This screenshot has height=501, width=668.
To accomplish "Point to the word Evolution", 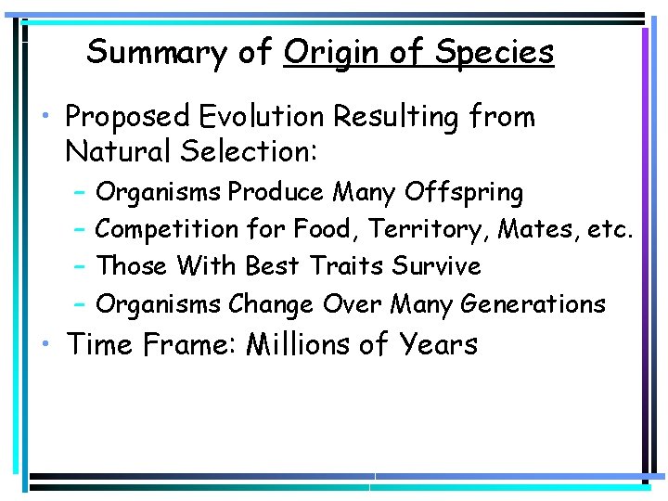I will coord(265,117).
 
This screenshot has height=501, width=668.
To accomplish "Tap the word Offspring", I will coord(464,193).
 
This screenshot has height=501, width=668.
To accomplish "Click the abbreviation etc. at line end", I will coord(610,229).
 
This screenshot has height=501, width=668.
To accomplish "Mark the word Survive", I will coord(436,266).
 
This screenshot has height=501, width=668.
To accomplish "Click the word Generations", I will coord(533,303).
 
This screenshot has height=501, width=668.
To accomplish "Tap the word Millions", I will coord(298,344).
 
